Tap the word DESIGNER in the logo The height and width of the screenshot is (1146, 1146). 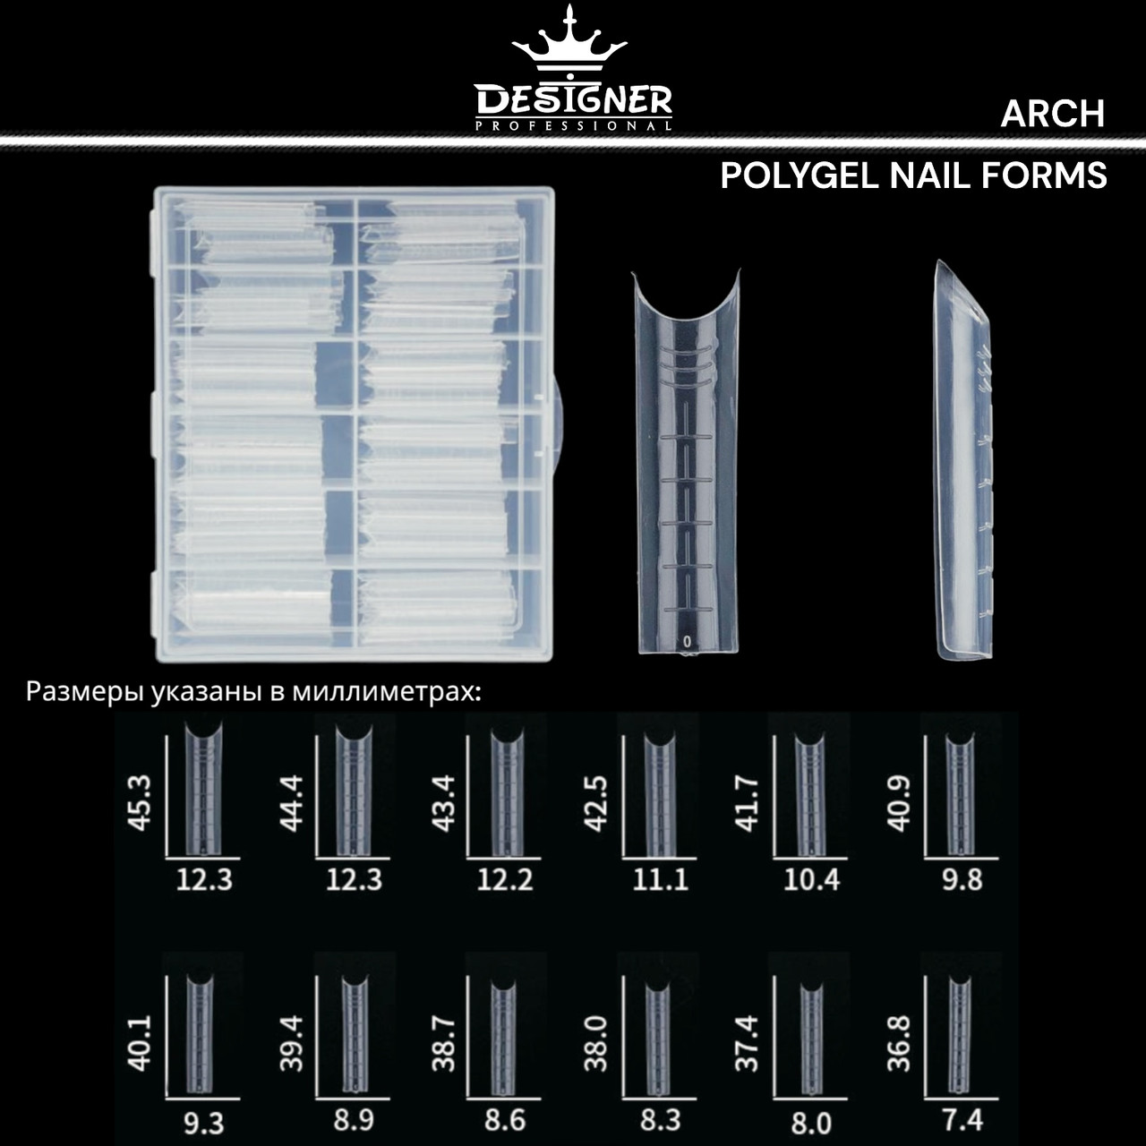coord(573,98)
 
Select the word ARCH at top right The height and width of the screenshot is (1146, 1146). coord(1052,114)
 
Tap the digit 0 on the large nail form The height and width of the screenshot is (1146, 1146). coord(687,641)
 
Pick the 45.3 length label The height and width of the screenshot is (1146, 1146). coord(141,802)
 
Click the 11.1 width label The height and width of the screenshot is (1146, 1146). coord(661,880)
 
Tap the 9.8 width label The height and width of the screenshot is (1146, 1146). coord(962,880)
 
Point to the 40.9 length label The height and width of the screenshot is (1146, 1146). coord(899,802)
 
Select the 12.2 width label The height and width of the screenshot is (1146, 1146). coord(505,880)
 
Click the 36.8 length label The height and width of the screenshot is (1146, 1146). coord(899,1043)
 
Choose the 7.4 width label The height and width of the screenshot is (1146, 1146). coord(962,1119)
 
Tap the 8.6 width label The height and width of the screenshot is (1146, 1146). coord(505,1119)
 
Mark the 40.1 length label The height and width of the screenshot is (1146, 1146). coord(141,1043)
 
